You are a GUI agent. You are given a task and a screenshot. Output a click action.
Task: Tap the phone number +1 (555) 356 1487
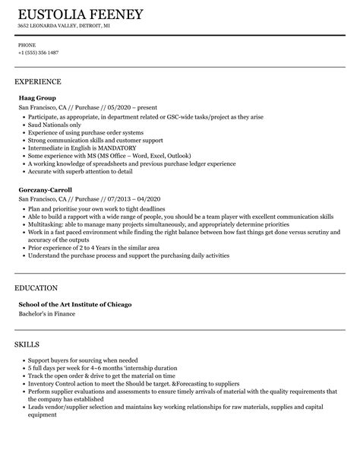coord(38,52)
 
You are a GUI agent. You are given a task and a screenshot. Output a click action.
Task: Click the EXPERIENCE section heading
coord(38,81)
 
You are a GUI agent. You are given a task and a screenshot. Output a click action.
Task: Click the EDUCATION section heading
coord(36,288)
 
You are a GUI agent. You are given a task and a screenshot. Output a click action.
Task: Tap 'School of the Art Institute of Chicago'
coord(75,305)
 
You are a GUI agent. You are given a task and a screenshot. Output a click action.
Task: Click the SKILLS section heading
coord(29,344)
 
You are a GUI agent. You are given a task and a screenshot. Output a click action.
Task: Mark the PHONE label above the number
coord(27,44)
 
